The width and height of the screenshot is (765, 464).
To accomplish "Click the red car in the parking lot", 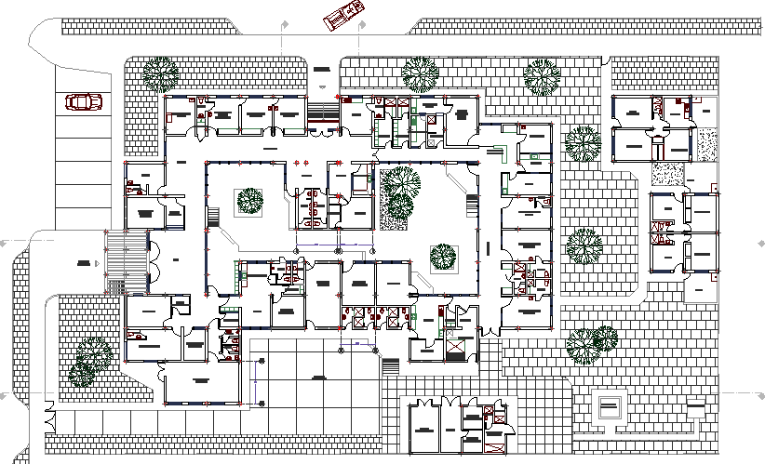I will [x=84, y=101].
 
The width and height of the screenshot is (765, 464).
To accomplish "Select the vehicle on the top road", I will [x=342, y=16].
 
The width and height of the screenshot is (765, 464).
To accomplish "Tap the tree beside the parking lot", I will [x=160, y=74].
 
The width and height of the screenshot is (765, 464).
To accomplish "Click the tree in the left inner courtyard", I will [x=249, y=201].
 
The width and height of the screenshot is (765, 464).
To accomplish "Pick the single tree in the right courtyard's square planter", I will [x=443, y=257].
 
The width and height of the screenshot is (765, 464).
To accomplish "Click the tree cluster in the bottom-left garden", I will [x=90, y=360].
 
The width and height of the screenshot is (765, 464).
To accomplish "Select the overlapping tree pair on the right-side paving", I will [x=593, y=344].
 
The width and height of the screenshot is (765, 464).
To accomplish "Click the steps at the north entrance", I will [x=322, y=113].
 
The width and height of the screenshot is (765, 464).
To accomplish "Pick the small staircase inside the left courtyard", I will [x=213, y=218].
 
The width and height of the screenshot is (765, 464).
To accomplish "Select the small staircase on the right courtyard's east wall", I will [x=473, y=205].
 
